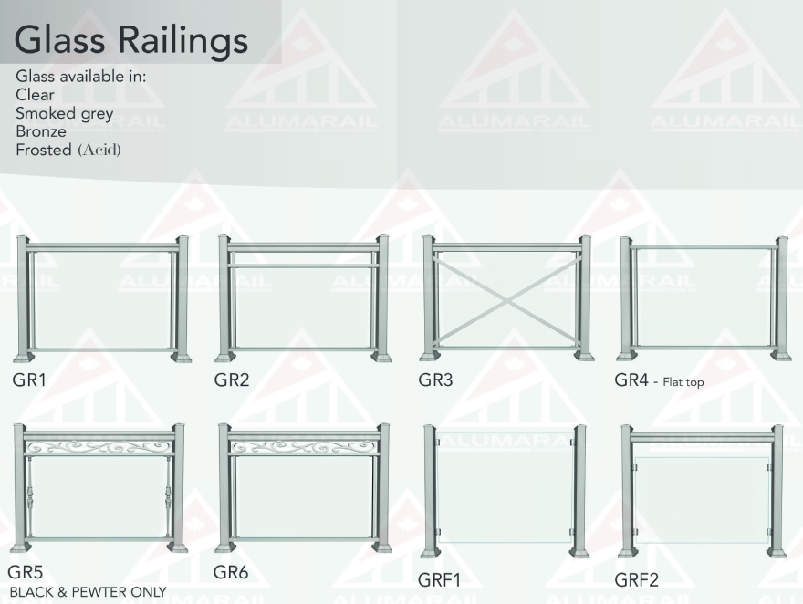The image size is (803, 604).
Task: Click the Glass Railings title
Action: (131, 39)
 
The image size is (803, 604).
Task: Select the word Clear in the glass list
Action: (35, 95)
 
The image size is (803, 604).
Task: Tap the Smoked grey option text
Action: (64, 113)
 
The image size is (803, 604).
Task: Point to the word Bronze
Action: (41, 131)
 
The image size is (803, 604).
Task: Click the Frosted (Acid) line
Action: (68, 150)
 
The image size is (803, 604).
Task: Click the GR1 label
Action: (29, 380)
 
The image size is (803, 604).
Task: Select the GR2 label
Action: (232, 380)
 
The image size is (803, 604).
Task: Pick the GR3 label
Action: (435, 380)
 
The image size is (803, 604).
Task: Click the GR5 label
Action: (26, 573)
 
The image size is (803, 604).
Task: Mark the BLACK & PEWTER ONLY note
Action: (88, 592)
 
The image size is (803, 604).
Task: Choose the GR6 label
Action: (231, 573)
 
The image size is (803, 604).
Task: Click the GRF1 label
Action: (440, 579)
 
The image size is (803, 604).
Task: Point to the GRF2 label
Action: (636, 579)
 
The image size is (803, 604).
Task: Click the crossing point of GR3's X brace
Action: (506, 298)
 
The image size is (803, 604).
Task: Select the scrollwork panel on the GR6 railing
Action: (303, 447)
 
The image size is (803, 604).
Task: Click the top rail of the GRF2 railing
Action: (702, 437)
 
